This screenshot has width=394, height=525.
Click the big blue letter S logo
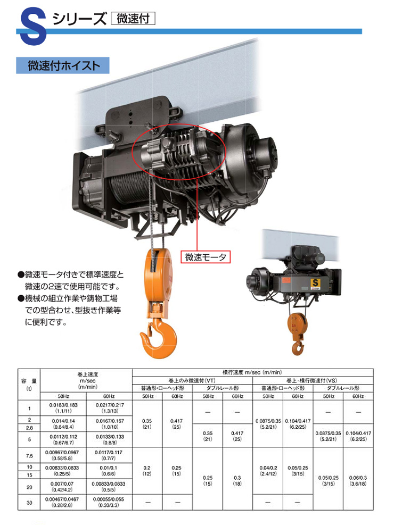pos(33,27)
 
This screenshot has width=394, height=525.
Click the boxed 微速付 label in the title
pos(133,19)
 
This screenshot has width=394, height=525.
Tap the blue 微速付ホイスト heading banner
pos(63,65)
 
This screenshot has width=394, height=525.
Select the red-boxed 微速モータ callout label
pos(206,257)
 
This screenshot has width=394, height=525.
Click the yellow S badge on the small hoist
pos(315,283)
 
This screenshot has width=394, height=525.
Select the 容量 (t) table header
pos(29,385)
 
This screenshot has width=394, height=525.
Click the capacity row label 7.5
pos(29,456)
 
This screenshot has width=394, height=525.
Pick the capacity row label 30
pos(29,503)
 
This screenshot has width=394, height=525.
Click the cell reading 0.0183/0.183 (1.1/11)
pos(63,408)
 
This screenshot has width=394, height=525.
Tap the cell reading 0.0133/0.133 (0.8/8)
pos(110,439)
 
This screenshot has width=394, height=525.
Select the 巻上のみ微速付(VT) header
pos(192,381)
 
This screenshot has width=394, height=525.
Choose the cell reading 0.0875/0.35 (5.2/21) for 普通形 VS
pos(268,424)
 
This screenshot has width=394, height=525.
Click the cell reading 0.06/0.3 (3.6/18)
pos(358,481)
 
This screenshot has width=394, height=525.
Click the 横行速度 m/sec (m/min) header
pos(252,372)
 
